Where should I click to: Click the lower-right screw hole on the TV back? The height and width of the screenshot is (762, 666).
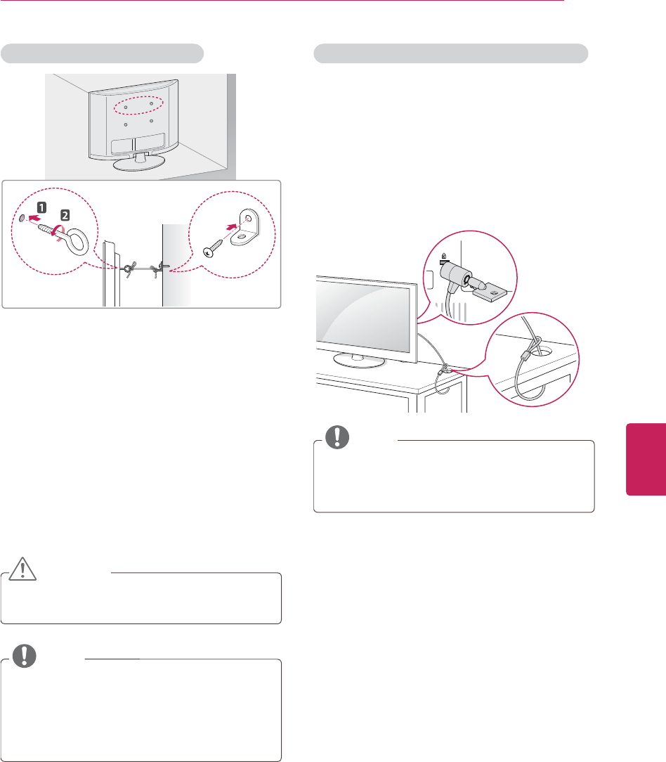[x=152, y=122]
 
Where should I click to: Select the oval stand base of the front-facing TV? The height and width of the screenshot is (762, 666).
[x=358, y=359]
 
